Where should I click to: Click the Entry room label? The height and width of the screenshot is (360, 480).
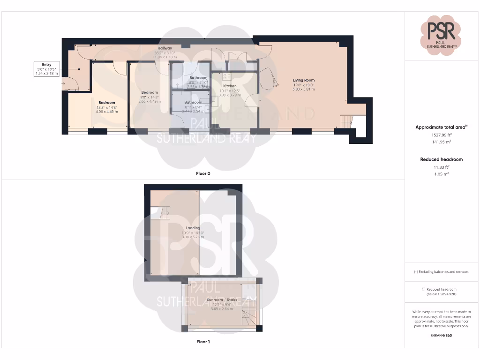[46, 64]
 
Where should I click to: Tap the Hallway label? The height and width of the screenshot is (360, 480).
[165, 48]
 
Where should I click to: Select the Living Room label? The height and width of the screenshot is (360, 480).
[304, 80]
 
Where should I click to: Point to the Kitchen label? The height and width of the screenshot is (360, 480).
[229, 86]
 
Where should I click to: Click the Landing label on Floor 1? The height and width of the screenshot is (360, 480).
[193, 228]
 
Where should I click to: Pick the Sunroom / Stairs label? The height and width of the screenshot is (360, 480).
[222, 300]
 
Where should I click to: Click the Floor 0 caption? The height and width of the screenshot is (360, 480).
[203, 173]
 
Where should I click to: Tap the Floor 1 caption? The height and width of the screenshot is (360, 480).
[203, 342]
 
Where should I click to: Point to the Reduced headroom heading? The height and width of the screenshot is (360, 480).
[441, 159]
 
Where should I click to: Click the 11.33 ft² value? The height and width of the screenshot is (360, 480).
[441, 167]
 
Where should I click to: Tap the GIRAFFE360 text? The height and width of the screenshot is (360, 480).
[441, 336]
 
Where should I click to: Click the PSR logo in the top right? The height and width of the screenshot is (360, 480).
[441, 31]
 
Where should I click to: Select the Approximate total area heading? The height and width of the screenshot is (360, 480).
[441, 127]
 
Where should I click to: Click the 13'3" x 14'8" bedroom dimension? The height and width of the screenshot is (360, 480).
[107, 107]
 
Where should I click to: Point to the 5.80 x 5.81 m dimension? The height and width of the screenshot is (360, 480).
[304, 89]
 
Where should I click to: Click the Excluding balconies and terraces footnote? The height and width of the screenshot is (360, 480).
[441, 272]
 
